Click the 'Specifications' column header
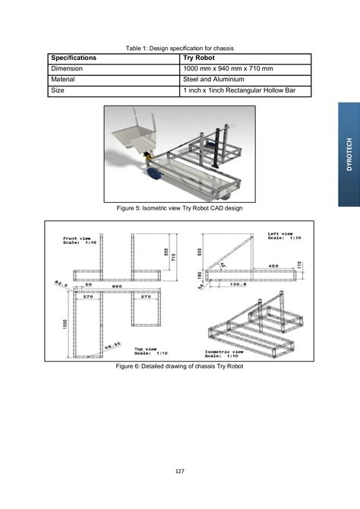click(x=74, y=58)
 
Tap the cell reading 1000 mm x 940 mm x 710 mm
click(x=226, y=68)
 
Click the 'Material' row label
click(x=64, y=79)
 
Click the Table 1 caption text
click(x=179, y=47)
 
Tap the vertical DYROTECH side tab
click(x=349, y=156)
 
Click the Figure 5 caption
click(x=179, y=207)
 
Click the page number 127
click(x=180, y=471)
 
